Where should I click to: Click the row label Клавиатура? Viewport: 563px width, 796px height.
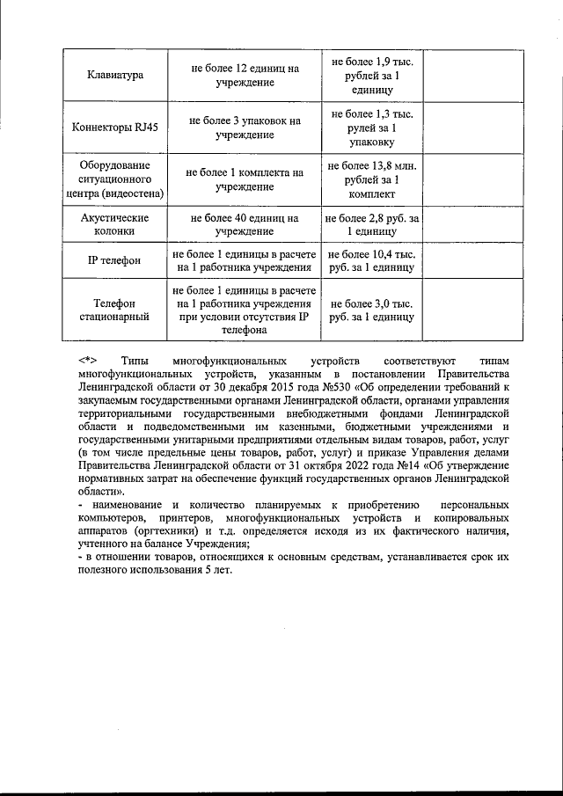117,76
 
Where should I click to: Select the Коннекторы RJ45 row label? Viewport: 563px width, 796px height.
117,128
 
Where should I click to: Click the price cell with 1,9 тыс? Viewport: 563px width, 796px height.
371,75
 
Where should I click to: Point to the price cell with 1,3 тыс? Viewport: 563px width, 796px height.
371,128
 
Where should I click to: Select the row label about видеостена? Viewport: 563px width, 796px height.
117,180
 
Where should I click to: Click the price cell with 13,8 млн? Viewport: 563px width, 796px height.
371,180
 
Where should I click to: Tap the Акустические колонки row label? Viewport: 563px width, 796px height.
117,224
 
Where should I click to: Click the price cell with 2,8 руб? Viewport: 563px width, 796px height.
371,224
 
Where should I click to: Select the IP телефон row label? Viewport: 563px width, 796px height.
117,260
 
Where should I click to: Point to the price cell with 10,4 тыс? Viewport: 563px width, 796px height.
371,260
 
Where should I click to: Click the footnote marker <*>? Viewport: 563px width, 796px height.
87,361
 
